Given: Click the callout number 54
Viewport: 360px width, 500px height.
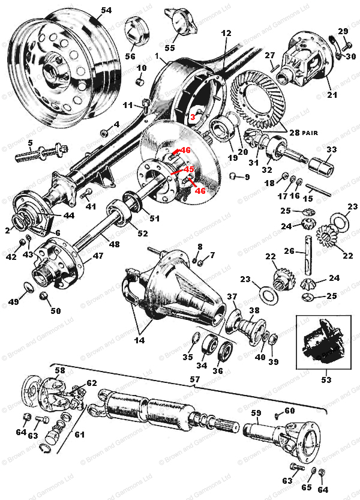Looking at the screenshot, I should click(106, 10).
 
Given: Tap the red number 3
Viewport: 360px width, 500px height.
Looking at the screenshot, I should click(193, 117).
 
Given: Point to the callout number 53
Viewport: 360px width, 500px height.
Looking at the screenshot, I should click(326, 379).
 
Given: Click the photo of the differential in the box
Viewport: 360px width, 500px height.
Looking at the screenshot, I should click(325, 343).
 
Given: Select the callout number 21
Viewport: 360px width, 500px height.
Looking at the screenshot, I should click(332, 94).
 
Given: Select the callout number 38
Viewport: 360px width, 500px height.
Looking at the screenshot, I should click(254, 310).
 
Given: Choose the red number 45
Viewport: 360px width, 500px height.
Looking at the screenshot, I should click(189, 170).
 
